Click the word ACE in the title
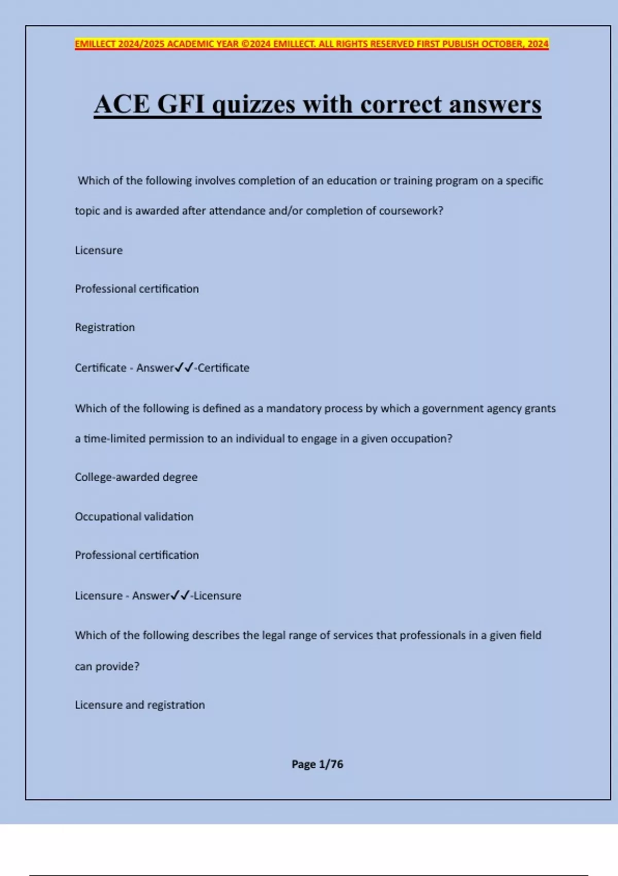[122, 105]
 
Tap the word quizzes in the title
[254, 105]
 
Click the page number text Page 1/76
[317, 764]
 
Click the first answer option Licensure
[99, 250]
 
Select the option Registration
[105, 327]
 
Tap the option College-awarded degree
[136, 477]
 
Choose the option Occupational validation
[134, 516]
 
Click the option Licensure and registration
[140, 705]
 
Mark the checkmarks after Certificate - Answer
[184, 367]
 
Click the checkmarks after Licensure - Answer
[180, 595]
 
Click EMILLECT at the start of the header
[95, 44]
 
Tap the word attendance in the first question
[236, 211]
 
